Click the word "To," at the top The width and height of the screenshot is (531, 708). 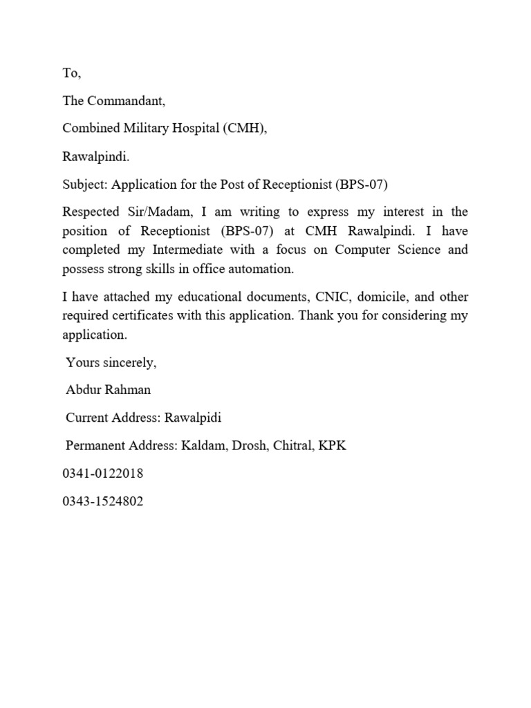coord(72,73)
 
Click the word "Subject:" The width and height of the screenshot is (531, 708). coord(85,185)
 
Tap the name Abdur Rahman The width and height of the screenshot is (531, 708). coord(109,390)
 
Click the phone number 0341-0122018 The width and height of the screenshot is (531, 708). coord(103,474)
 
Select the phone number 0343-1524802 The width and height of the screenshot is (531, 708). coord(103,501)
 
